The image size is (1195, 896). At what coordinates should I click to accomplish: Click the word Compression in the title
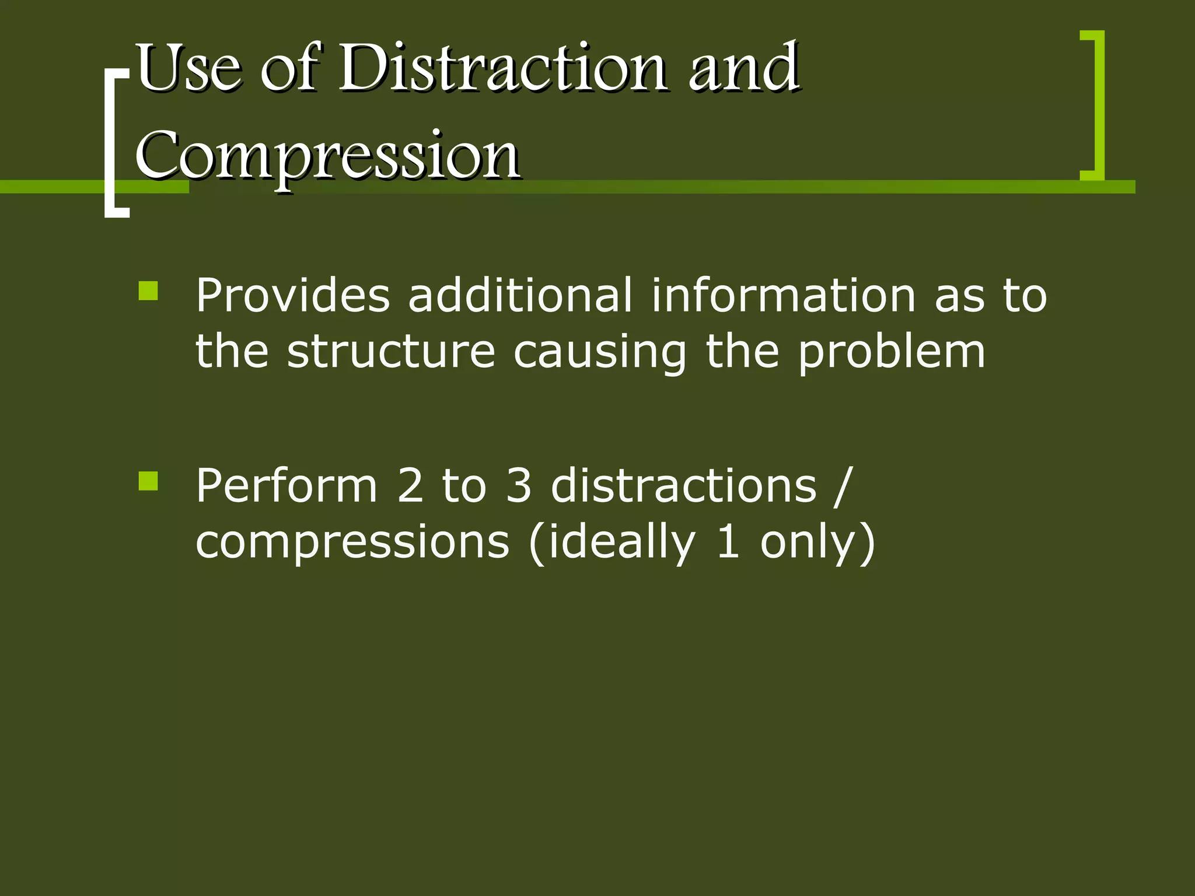(328, 155)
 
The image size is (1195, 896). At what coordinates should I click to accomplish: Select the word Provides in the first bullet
(292, 295)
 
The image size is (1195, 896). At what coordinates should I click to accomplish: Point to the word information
(784, 295)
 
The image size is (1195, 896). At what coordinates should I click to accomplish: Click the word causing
(600, 353)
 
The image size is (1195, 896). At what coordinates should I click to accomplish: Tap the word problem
(891, 353)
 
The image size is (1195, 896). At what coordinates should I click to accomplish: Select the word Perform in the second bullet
(286, 485)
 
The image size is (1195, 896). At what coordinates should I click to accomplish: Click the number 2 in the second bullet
(410, 485)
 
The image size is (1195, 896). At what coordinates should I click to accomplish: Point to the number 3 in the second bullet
(519, 485)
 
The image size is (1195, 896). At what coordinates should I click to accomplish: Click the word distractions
(683, 485)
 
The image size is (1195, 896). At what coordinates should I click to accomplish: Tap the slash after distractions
(843, 485)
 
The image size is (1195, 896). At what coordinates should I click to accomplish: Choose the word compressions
(352, 542)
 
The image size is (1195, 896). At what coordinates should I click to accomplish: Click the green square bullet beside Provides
(148, 290)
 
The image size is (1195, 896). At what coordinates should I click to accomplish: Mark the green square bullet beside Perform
(148, 481)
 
